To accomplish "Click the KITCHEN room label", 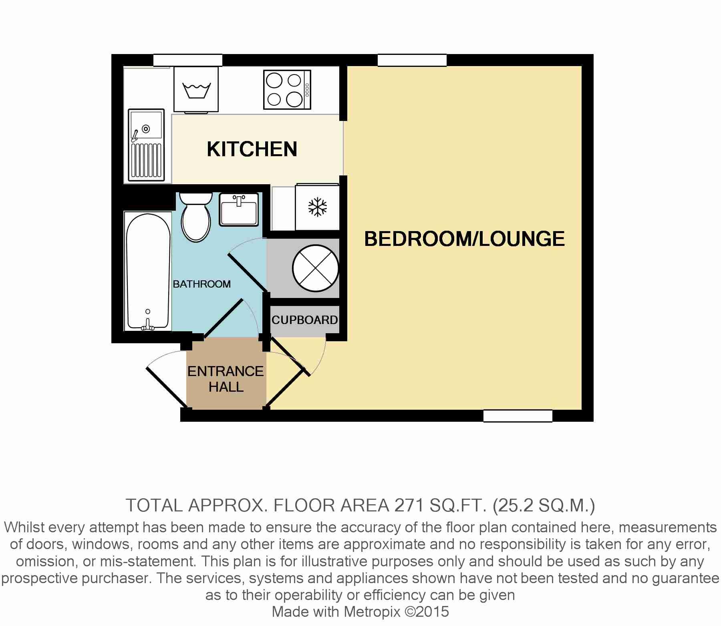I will pyautogui.click(x=252, y=149).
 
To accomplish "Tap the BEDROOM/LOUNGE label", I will pyautogui.click(x=464, y=239).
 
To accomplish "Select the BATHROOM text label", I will pyautogui.click(x=201, y=284).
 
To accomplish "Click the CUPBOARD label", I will pyautogui.click(x=304, y=320).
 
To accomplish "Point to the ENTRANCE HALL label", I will pyautogui.click(x=226, y=379).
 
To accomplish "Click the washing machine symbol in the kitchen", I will pyautogui.click(x=196, y=90).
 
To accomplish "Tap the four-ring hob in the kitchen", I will pyautogui.click(x=287, y=90).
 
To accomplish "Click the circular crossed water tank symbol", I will pyautogui.click(x=316, y=268).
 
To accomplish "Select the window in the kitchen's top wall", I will pyautogui.click(x=187, y=60).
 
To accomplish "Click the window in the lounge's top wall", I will pyautogui.click(x=412, y=60).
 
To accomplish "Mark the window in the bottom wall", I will pyautogui.click(x=518, y=416).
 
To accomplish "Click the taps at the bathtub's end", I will pyautogui.click(x=147, y=325).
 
